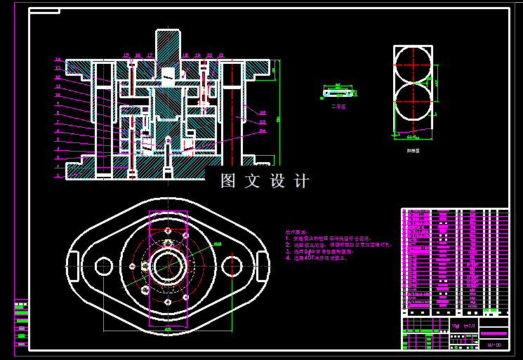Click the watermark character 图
pos(228,181)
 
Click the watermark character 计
pos(302,181)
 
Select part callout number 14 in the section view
pos(58,59)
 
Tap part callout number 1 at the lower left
pos(58,175)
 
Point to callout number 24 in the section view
pos(263,130)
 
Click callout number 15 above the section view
pos(126,55)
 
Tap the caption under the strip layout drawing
pos(413,150)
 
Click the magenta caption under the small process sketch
pos(339,107)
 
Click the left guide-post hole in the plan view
pos(104,266)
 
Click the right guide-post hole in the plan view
pos(231,266)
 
